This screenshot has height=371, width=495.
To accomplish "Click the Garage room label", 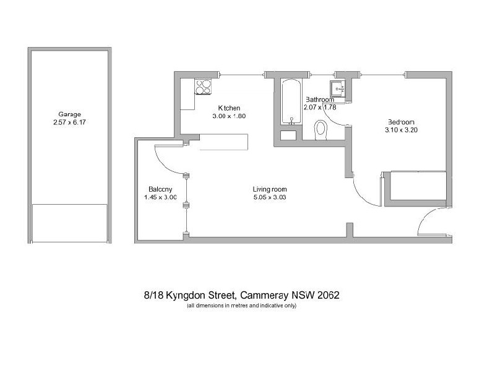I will [70, 114].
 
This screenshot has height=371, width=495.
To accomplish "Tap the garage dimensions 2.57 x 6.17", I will [70, 122].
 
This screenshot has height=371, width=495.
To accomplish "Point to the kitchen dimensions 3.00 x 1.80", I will [230, 116].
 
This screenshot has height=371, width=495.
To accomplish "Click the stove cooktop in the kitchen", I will [204, 87].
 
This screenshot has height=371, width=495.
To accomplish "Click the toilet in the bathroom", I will [321, 130].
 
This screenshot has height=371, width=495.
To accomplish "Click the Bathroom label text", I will [321, 99].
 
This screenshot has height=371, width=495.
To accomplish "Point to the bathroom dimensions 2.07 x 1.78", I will [319, 107].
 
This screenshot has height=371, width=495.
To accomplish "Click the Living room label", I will [269, 189].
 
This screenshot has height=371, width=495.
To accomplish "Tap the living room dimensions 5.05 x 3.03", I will [269, 197].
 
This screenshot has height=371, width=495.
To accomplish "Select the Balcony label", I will [160, 189].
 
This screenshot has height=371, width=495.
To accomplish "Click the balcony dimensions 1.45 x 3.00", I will [160, 197].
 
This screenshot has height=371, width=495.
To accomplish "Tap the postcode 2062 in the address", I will [328, 296].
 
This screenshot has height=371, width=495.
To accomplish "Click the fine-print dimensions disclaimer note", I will [241, 305].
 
